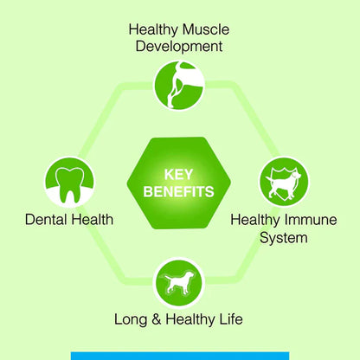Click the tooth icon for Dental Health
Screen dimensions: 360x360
coord(68,181)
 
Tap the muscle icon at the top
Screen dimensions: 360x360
coord(179,83)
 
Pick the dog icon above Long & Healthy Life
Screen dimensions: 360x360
coord(179,281)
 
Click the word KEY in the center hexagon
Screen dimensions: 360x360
coord(180,172)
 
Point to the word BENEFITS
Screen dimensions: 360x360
coord(180,190)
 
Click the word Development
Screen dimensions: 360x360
coord(180,46)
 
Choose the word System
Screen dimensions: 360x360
coord(283,236)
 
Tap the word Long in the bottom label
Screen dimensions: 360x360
coord(132,319)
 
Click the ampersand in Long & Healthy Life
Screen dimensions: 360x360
coord(158,319)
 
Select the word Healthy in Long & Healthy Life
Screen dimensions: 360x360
coord(192,319)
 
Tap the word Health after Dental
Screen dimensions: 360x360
coord(91,220)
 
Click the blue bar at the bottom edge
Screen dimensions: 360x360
coord(179,355)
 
